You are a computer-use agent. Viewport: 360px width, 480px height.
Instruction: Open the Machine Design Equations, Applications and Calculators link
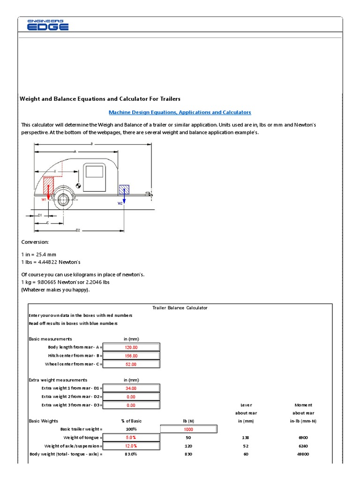[x=180, y=112]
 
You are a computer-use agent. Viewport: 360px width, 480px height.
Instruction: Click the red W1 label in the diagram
[x=45, y=199]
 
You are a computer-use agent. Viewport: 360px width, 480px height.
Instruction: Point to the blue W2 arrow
[x=124, y=197]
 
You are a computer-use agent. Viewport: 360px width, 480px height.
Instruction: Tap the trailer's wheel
[x=62, y=201]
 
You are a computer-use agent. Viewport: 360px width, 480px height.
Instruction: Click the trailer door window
[x=94, y=171]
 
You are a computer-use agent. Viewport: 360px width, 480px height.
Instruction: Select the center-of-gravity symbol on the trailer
[x=78, y=186]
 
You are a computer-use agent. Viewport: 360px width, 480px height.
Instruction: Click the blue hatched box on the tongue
[x=124, y=189]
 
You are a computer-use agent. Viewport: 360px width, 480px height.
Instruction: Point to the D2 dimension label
[x=78, y=230]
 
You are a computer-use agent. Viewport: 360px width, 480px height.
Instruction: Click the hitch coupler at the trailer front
[x=149, y=193]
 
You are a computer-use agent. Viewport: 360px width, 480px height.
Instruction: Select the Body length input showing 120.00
[x=131, y=347]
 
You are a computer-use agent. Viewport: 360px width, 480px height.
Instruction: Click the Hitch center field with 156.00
[x=131, y=356]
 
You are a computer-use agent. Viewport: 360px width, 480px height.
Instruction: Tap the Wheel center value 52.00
[x=131, y=364]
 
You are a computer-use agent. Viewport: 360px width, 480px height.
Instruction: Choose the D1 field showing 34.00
[x=131, y=389]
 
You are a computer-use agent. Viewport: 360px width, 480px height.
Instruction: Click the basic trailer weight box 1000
[x=189, y=429]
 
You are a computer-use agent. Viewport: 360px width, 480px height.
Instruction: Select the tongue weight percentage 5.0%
[x=131, y=437]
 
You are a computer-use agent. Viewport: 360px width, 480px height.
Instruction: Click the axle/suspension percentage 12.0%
[x=131, y=446]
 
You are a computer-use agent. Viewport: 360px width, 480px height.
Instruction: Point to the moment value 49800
[x=303, y=454]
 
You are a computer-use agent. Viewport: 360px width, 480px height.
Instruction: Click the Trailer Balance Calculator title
[x=180, y=308]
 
